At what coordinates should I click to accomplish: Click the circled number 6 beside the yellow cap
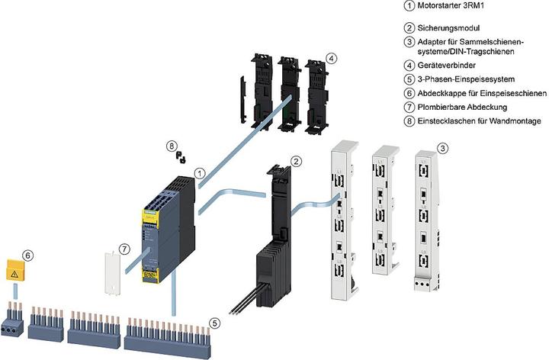[28, 256]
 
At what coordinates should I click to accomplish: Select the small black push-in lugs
[180, 158]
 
